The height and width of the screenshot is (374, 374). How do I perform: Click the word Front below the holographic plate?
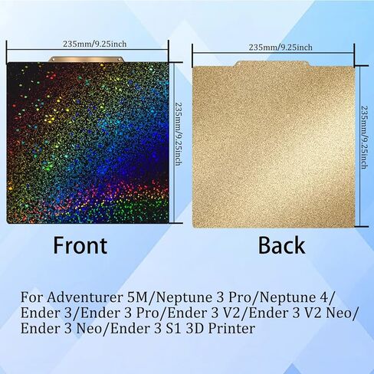80,245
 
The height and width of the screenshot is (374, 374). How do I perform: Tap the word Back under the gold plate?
281,245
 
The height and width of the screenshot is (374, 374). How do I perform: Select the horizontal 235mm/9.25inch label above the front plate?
95,44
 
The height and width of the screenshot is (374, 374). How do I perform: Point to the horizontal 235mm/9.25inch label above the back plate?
280,48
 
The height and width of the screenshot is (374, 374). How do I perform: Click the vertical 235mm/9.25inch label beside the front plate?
178,134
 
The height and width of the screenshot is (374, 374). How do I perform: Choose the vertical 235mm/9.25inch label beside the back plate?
364,137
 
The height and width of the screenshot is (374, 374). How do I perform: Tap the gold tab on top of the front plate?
87,59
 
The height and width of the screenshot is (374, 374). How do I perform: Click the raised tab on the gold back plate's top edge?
272,64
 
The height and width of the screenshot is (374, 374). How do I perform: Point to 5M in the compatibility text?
137,298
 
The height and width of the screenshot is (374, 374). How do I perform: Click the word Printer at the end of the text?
231,329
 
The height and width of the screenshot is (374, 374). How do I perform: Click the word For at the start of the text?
31,298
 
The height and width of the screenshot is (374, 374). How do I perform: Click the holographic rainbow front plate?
88,143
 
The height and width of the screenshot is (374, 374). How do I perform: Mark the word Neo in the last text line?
89,329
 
